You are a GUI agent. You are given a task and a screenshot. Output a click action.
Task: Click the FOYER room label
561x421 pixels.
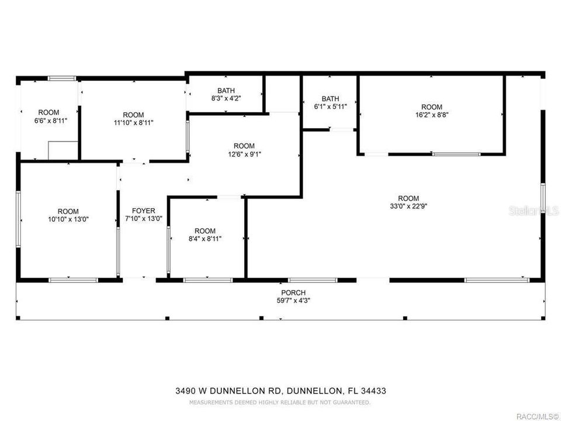(143, 210)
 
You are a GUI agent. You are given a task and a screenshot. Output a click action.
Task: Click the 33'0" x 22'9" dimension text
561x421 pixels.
(408, 206)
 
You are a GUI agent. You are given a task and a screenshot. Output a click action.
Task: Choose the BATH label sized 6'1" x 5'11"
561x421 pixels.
(330, 99)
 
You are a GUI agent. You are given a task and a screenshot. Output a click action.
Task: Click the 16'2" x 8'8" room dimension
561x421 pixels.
(432, 115)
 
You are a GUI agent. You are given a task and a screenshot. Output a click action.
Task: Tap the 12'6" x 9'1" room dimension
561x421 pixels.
(244, 154)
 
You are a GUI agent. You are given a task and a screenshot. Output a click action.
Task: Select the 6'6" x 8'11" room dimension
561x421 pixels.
(49, 120)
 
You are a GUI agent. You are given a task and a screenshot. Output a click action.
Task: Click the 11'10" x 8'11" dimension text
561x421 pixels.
(133, 122)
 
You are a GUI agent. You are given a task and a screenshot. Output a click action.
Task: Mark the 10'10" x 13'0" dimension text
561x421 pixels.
(68, 219)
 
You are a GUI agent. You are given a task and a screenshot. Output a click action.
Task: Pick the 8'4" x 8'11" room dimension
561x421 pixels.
(205, 239)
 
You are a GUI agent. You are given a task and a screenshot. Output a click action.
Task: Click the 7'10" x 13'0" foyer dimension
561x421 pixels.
(143, 219)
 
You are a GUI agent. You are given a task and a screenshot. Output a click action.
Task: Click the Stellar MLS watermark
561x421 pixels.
(533, 210)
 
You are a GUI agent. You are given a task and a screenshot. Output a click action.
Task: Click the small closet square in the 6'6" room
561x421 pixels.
(63, 150)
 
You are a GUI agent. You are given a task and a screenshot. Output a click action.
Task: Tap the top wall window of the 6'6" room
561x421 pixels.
(61, 78)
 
